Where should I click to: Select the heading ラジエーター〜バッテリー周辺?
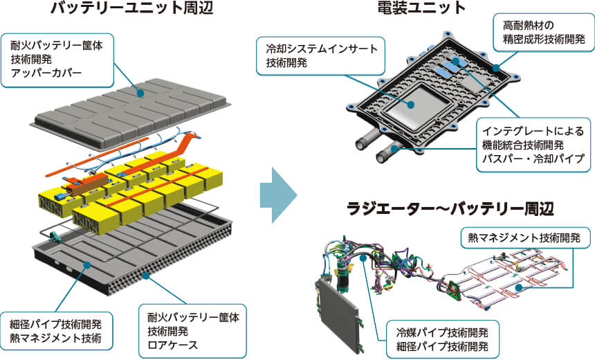(x=450, y=209)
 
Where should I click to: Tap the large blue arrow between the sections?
(x=278, y=195)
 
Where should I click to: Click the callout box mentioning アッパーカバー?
(x=57, y=60)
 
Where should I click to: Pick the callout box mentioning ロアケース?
(x=193, y=331)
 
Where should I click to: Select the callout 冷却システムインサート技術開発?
(x=321, y=56)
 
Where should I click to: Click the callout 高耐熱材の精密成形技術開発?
(x=544, y=33)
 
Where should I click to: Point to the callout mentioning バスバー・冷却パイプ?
(x=533, y=145)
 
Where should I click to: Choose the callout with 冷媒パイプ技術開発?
(x=443, y=339)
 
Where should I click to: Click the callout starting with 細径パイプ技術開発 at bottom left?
(x=56, y=331)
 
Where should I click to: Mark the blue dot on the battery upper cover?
(x=140, y=93)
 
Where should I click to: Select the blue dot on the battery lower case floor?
(x=87, y=264)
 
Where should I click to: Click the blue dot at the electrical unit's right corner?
(x=496, y=68)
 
